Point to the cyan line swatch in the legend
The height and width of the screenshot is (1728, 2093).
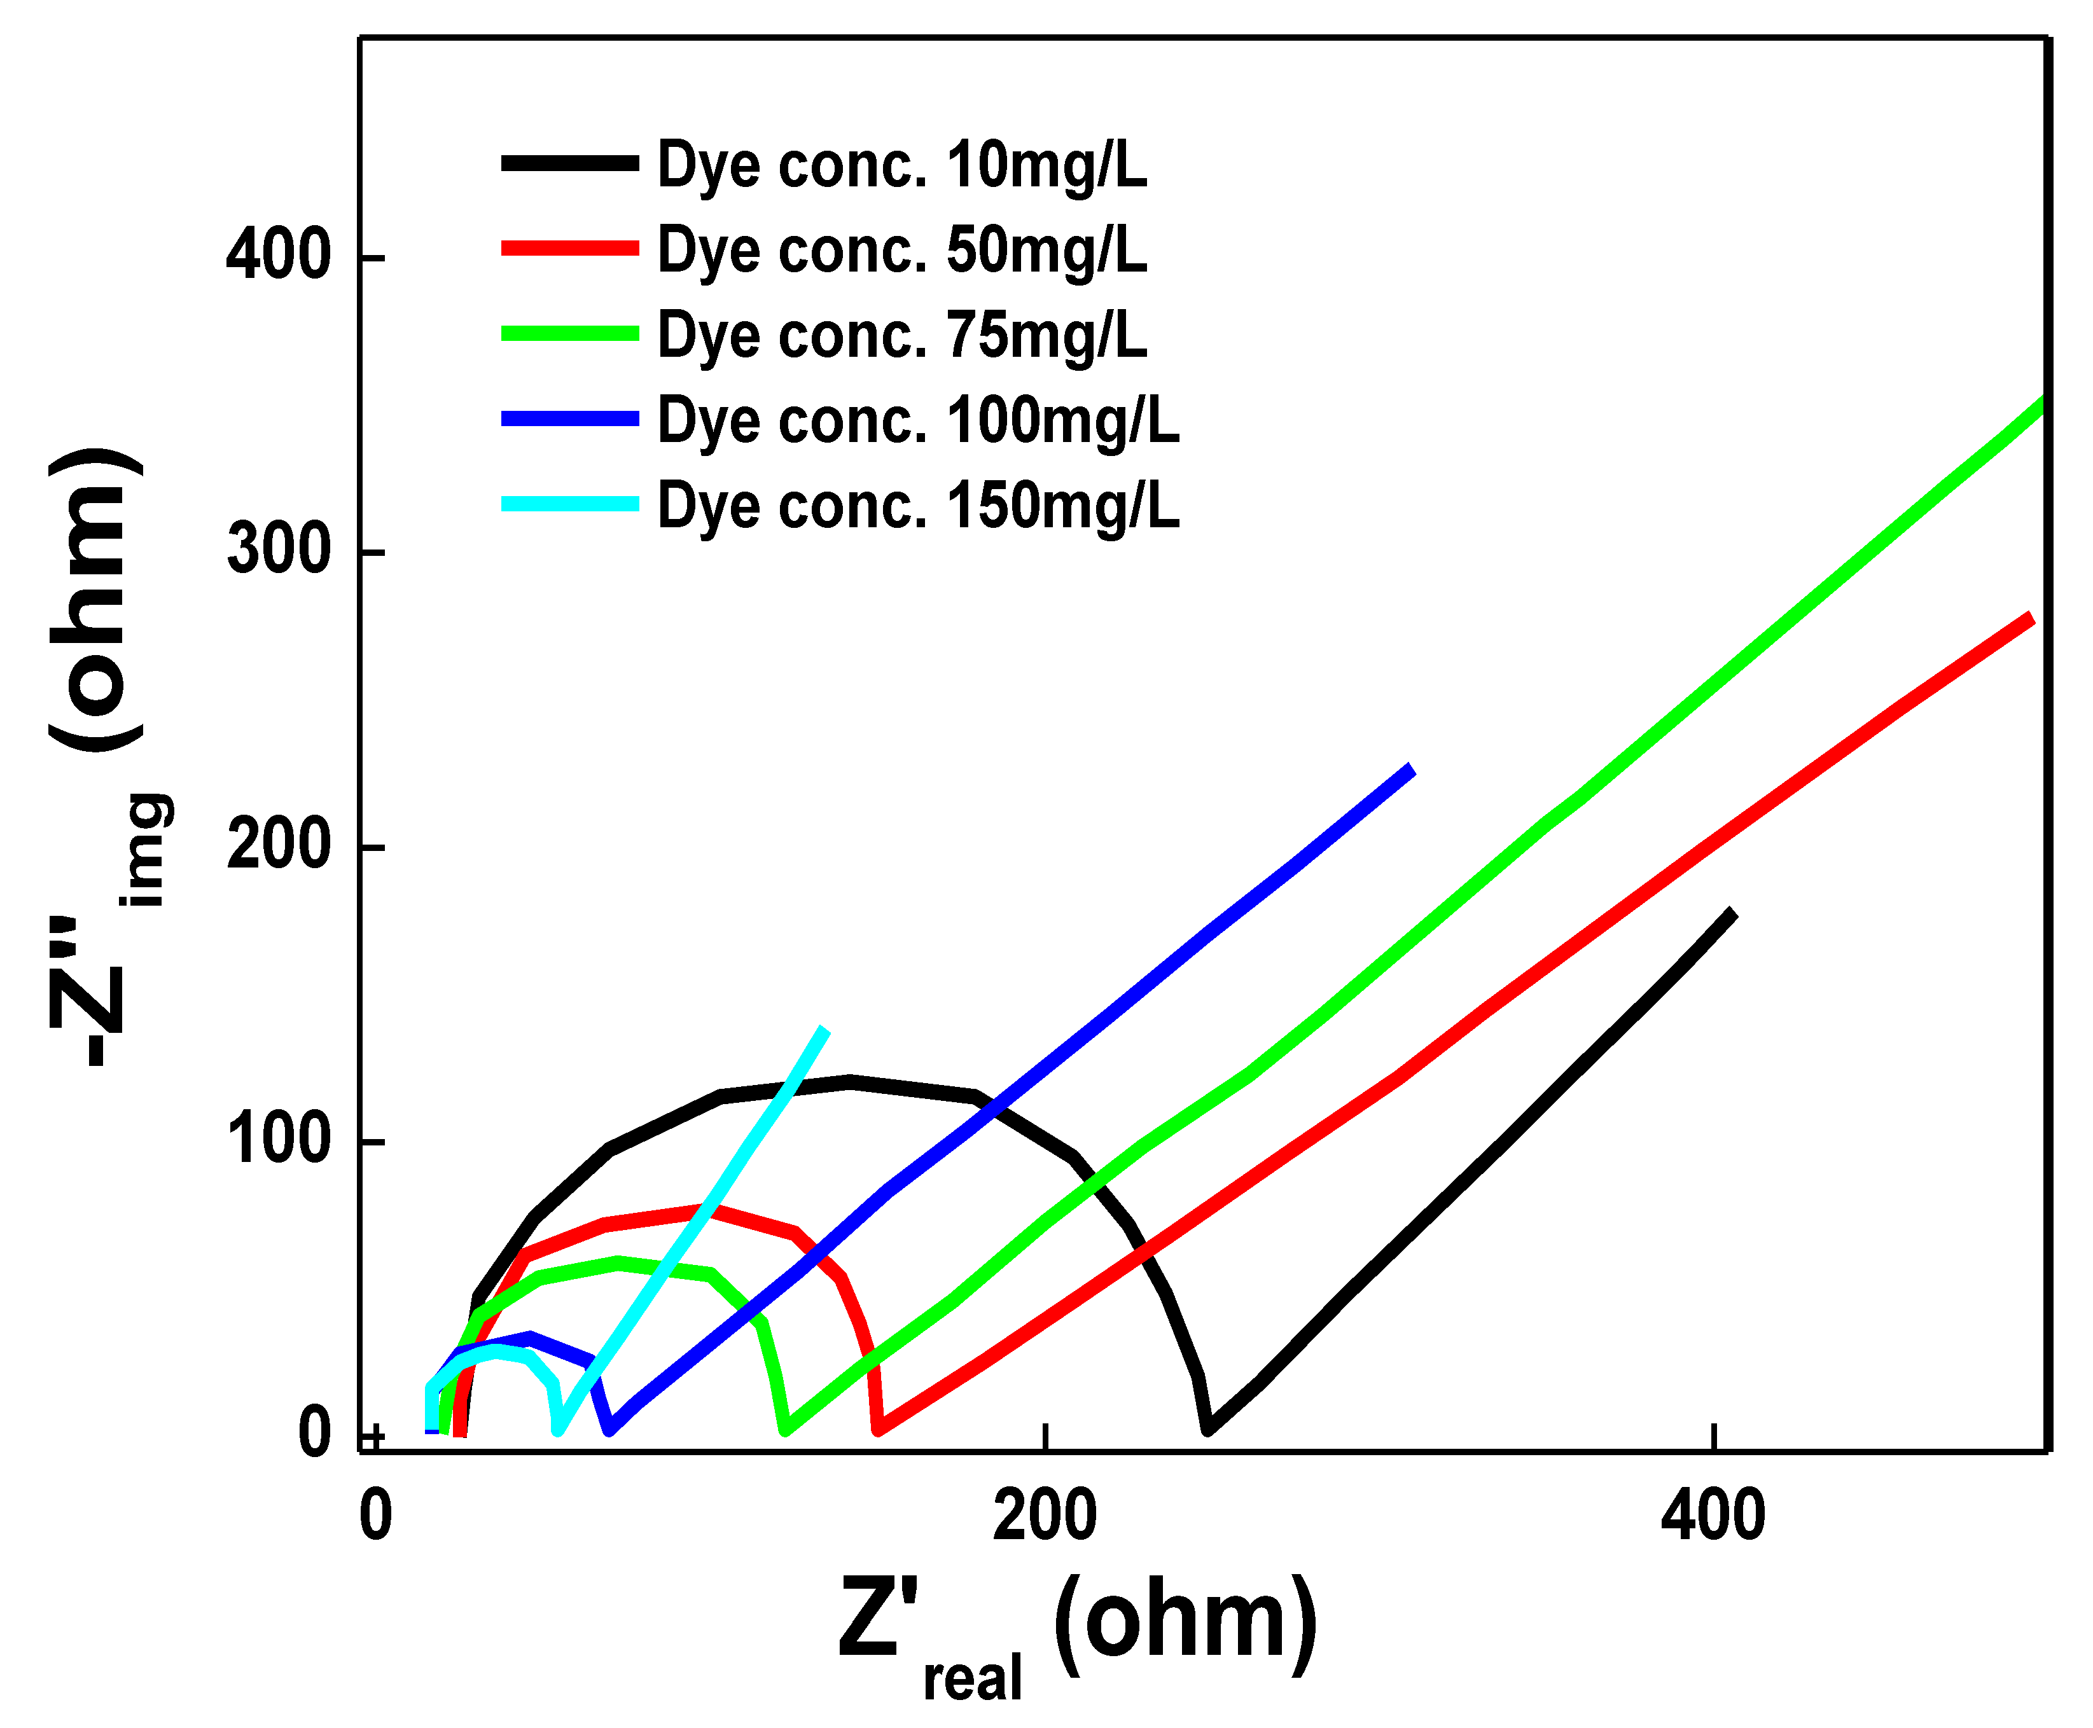[569, 504]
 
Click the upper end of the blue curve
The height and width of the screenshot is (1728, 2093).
[1410, 768]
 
